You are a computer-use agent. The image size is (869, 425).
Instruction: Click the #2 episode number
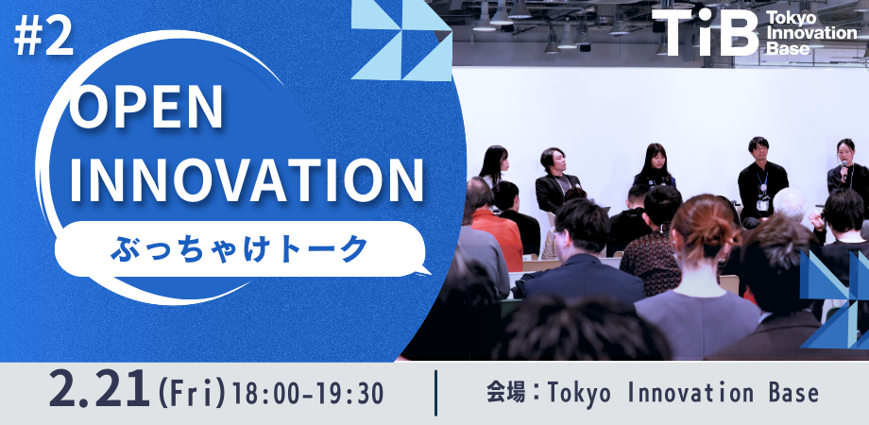[x=43, y=40]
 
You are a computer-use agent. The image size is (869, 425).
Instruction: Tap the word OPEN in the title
[x=148, y=111]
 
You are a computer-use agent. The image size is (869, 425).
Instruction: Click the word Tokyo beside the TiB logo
[x=790, y=19]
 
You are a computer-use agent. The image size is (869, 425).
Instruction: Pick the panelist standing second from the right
[x=761, y=175]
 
